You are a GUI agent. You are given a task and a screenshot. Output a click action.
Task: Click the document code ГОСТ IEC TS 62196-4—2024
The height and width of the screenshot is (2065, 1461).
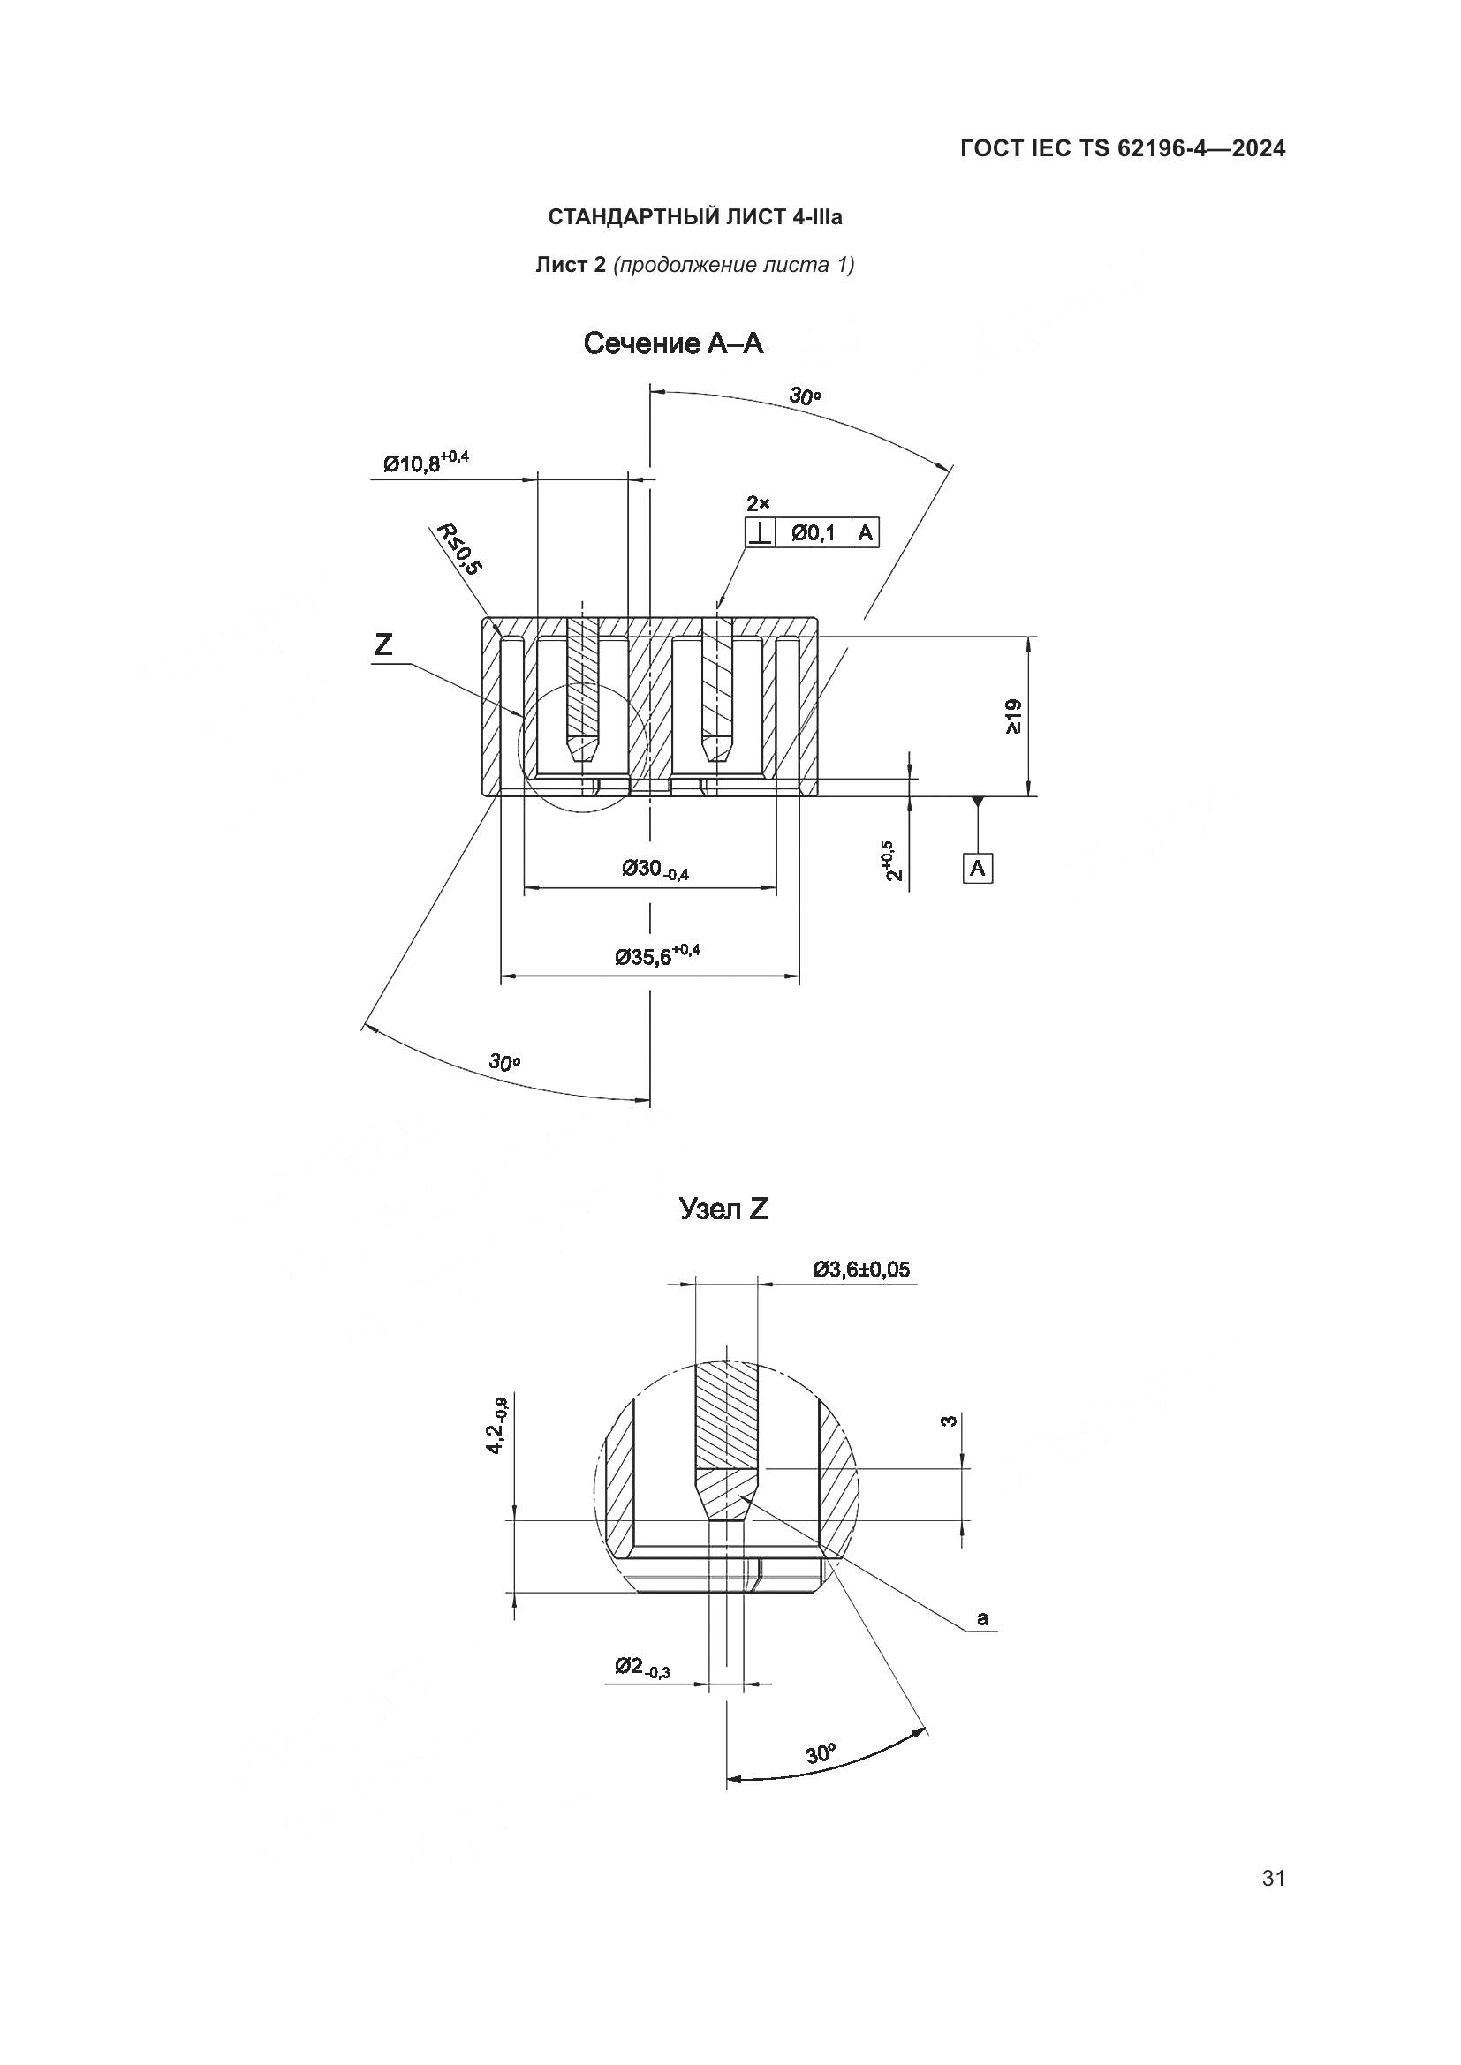tap(1122, 148)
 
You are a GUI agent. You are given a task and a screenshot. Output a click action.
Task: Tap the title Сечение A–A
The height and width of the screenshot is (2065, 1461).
tap(673, 343)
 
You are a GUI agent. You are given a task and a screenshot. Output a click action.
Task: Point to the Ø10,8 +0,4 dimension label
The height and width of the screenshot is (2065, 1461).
tap(426, 463)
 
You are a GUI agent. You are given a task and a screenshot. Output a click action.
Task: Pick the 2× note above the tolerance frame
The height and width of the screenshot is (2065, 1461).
tap(759, 503)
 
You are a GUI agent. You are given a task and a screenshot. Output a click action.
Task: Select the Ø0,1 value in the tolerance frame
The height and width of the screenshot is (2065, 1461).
tap(814, 533)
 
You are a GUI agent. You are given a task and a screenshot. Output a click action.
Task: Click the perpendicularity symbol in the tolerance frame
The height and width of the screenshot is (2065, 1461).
tap(761, 533)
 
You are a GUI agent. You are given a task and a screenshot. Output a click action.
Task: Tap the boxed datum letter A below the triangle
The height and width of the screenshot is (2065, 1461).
tap(978, 868)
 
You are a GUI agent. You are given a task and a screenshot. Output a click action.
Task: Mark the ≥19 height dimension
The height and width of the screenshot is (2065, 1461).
tap(1013, 716)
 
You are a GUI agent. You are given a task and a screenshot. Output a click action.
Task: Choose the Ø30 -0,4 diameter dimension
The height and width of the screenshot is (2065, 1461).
tap(655, 870)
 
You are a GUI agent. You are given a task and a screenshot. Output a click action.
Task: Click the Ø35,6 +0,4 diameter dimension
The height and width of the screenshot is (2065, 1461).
tap(656, 956)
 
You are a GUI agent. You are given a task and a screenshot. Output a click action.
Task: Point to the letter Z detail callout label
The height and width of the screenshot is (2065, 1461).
tap(384, 644)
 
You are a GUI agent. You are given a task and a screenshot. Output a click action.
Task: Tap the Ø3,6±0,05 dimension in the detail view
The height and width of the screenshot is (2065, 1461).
tap(861, 1269)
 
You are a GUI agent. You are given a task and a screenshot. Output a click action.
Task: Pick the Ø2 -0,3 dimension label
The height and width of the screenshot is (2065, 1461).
tap(642, 1668)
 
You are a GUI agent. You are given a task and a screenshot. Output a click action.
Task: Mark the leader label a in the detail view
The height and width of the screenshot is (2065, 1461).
tap(982, 1619)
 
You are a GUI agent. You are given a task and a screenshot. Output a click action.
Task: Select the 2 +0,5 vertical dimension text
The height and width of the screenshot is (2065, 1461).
tap(891, 861)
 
